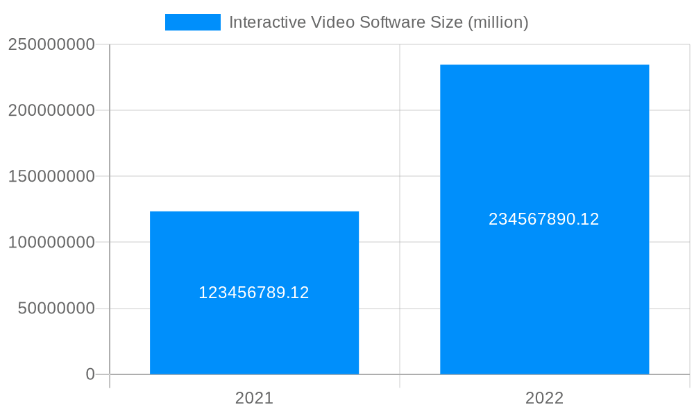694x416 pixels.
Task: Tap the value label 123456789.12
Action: point(254,293)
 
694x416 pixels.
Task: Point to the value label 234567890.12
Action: point(544,219)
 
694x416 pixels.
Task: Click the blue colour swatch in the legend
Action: point(192,22)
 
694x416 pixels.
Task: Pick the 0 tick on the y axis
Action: point(90,374)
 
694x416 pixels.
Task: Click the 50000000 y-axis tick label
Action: point(56,309)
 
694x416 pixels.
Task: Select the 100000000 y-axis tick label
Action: point(51,243)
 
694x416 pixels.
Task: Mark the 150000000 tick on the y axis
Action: point(51,176)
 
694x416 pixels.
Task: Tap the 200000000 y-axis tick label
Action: point(51,110)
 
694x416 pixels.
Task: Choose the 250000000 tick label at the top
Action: point(51,44)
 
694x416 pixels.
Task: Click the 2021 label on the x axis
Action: point(254,398)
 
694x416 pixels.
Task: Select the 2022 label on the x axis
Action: point(544,398)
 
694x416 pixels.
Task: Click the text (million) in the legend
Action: point(498,22)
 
